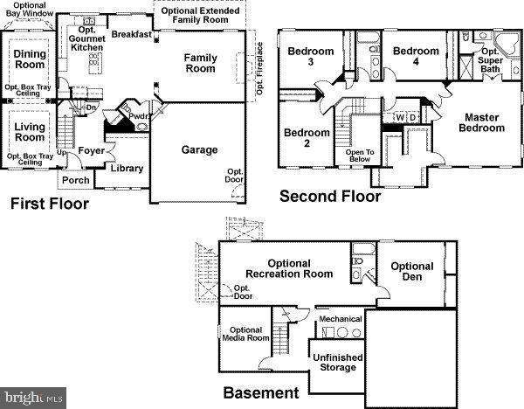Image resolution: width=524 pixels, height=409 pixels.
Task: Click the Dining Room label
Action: click(x=30, y=59)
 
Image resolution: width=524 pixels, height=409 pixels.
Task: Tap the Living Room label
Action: click(x=30, y=132)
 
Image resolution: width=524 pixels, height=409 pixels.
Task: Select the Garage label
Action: click(x=199, y=150)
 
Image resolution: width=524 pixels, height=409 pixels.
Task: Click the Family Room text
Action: click(x=200, y=63)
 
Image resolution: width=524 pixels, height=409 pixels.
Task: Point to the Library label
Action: click(x=128, y=169)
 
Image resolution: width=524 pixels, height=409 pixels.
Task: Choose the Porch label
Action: click(x=75, y=181)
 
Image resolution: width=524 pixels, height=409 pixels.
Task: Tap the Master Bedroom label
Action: click(x=483, y=122)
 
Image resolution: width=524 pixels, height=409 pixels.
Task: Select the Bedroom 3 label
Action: click(x=311, y=57)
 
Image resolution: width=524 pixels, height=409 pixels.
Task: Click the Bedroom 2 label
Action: click(x=307, y=138)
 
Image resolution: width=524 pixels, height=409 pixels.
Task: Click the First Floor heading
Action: click(x=49, y=205)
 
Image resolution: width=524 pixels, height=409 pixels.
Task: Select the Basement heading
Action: click(x=261, y=393)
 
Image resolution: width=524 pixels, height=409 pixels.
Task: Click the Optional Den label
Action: click(x=411, y=272)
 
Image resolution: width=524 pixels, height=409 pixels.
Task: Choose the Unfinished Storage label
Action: click(x=336, y=362)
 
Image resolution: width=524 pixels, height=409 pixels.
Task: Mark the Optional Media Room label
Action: click(x=245, y=335)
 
